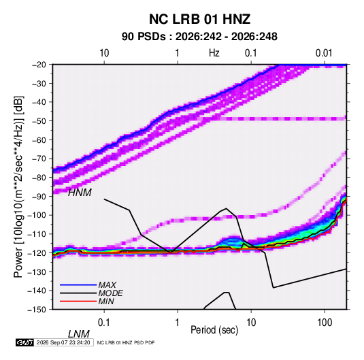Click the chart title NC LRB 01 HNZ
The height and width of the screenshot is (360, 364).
point(199,19)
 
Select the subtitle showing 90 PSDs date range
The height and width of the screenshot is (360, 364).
point(199,37)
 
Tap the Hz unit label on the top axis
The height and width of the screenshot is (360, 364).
point(214,53)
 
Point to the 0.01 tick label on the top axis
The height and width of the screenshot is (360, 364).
point(324,53)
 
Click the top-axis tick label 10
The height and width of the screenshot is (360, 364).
point(104,53)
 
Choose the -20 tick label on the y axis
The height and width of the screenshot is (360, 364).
point(39,65)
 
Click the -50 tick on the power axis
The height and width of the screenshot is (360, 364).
point(39,121)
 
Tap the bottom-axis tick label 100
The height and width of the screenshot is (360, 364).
point(325,323)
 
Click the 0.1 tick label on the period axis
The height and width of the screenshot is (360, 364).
point(103,323)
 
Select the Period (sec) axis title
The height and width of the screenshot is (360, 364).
point(214,330)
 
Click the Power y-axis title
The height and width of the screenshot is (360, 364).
point(18,187)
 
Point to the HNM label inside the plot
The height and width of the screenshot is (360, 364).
point(80,193)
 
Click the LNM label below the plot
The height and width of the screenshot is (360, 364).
point(79,334)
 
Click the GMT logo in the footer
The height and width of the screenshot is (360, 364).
point(24,342)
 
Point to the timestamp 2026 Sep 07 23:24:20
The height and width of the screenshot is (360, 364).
point(63,342)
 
